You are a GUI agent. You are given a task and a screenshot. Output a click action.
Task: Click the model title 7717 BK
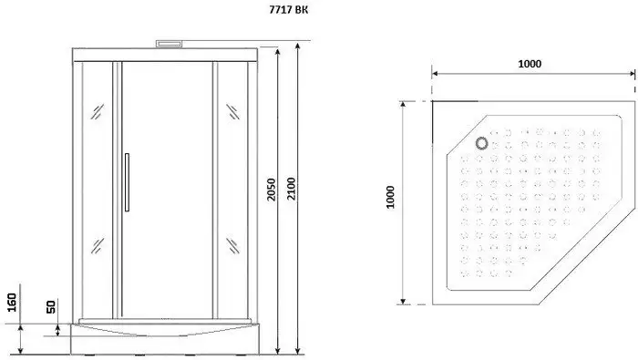[x=288, y=9]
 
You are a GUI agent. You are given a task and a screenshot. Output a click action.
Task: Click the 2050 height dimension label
[x=272, y=190]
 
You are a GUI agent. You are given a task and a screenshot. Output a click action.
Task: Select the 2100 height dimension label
[x=292, y=189]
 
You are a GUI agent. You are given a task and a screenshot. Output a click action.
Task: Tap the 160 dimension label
[x=12, y=303]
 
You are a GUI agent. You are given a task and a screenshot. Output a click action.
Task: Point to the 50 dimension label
[x=51, y=307]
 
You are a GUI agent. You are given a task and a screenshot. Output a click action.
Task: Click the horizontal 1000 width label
[x=530, y=64]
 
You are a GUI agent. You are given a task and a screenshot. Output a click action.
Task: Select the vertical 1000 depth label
[x=390, y=197]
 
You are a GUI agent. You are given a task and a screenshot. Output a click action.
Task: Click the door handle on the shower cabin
[x=127, y=182]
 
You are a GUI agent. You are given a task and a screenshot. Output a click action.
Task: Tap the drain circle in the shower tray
[x=482, y=143]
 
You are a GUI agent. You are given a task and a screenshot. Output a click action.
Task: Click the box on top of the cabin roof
[x=170, y=43]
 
